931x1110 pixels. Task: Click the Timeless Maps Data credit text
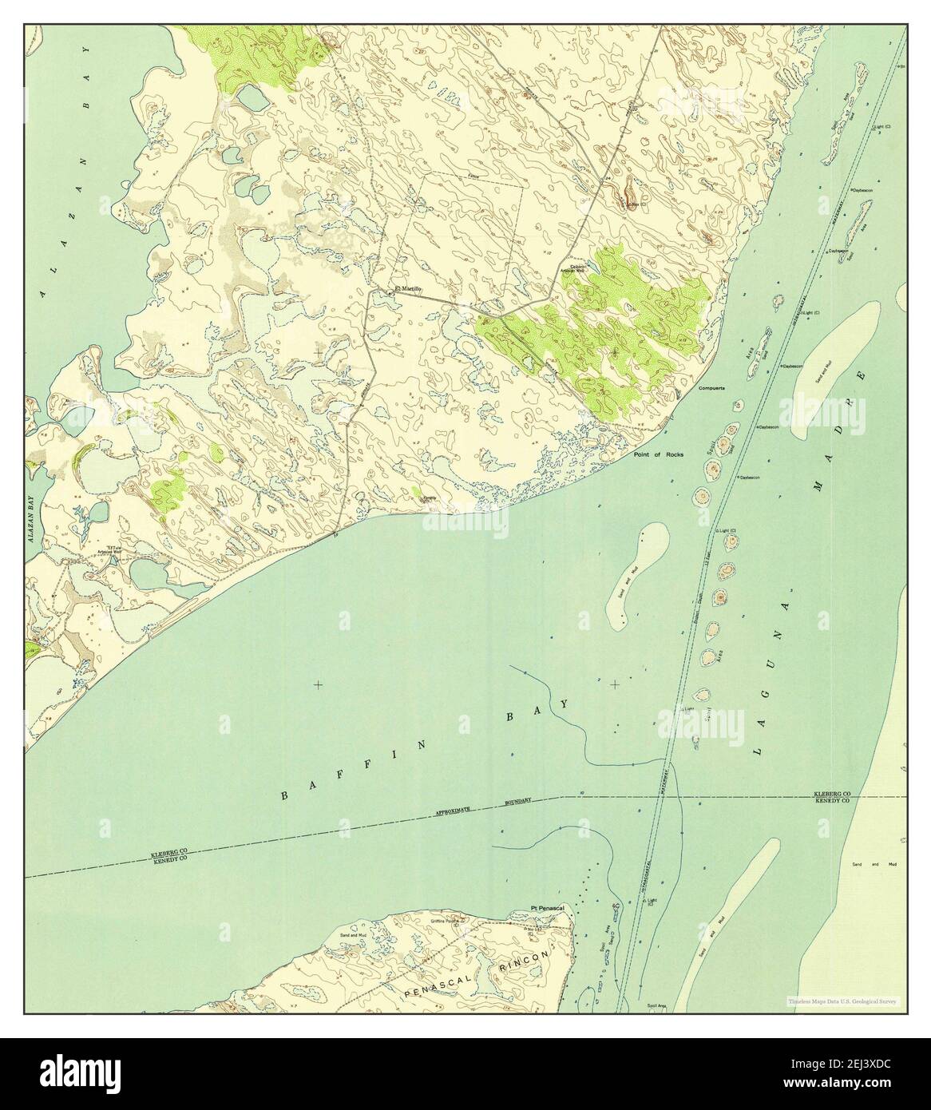[x=842, y=1001]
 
